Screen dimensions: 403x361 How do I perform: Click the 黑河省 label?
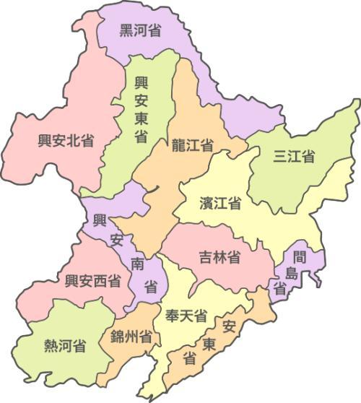(140, 30)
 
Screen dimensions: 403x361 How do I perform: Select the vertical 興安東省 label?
(141, 109)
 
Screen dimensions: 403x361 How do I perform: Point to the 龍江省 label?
(192, 144)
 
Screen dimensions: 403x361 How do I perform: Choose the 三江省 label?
(294, 156)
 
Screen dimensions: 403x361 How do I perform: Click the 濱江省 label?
(220, 203)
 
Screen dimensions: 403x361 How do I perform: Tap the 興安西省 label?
(93, 282)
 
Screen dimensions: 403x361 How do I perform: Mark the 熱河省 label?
(65, 345)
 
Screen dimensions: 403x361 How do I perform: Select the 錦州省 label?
(131, 337)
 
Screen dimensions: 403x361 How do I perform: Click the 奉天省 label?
(186, 316)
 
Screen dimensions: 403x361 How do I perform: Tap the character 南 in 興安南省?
(138, 263)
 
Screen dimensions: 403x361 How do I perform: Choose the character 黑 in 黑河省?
(126, 30)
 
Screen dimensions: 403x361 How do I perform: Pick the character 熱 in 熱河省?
(51, 345)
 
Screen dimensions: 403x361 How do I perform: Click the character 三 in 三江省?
(280, 156)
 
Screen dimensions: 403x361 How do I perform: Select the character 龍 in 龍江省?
(178, 144)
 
